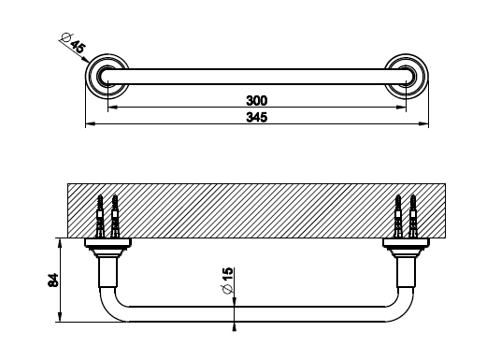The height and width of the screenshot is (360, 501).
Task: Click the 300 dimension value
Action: (256, 101)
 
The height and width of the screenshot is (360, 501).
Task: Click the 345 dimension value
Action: (256, 117)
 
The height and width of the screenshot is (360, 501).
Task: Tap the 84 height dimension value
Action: (53, 280)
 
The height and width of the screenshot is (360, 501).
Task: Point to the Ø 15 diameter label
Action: (228, 281)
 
